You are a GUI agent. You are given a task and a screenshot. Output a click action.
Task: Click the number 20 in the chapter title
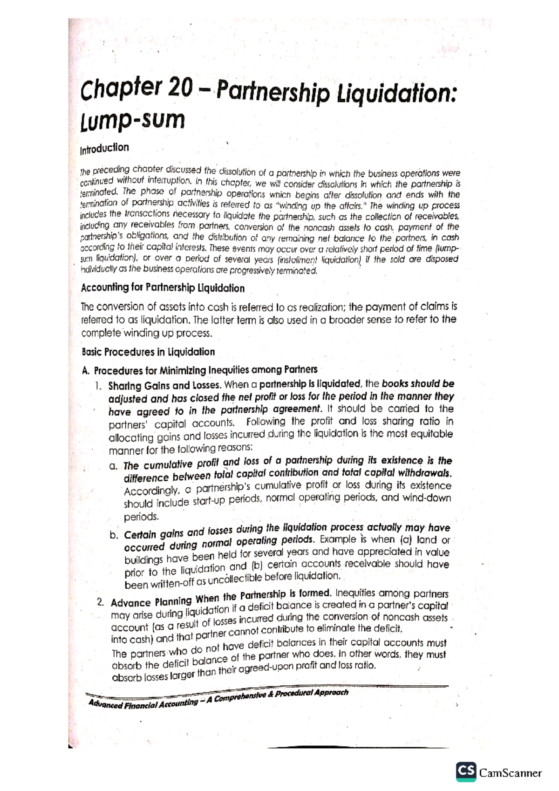(181, 88)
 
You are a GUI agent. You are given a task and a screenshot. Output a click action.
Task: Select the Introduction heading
(104, 149)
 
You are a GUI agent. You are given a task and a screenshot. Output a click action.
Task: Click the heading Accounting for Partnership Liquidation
(163, 288)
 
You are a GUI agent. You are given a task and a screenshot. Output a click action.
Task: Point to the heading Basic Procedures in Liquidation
(148, 352)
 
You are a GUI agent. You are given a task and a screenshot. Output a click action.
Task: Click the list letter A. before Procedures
(85, 371)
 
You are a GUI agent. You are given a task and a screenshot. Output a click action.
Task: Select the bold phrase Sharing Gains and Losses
(165, 386)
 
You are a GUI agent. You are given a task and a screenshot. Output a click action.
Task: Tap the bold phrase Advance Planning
(151, 601)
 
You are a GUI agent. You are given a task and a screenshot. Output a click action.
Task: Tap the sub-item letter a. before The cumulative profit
(113, 466)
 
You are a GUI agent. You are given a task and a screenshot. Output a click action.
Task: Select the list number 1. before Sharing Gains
(98, 386)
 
